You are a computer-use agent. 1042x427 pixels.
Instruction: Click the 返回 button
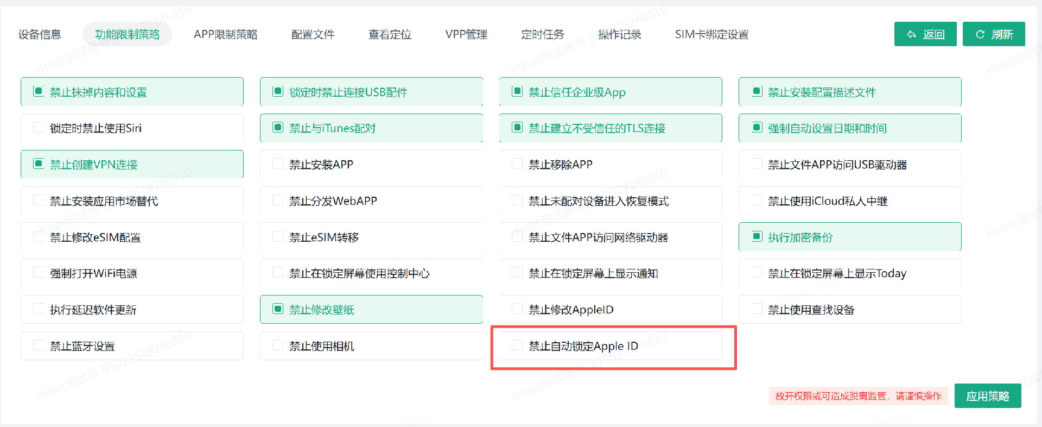pos(925,34)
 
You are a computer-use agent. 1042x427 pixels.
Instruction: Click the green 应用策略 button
pos(988,396)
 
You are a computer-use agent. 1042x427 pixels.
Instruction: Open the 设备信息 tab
pos(40,34)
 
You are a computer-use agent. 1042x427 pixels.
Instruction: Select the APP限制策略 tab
pos(225,34)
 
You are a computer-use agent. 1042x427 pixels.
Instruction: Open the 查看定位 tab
pos(390,34)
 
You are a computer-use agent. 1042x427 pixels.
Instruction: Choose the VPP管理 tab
pos(466,34)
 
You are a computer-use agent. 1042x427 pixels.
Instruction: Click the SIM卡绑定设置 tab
pos(711,34)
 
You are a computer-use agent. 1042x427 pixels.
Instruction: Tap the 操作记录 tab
pos(619,34)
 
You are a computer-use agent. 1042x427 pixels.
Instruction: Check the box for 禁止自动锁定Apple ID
pos(517,345)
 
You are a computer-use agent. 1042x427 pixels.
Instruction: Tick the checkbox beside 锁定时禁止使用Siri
pos(39,127)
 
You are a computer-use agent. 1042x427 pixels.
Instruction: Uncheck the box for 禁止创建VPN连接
pos(39,164)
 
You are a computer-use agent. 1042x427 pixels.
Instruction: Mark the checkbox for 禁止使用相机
pos(278,345)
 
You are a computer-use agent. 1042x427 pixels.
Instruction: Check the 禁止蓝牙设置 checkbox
pos(39,345)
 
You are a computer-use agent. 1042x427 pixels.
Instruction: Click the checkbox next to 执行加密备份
pos(757,236)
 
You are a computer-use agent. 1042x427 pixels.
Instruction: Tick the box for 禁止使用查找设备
pos(757,309)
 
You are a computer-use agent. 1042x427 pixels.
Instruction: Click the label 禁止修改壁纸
pos(322,310)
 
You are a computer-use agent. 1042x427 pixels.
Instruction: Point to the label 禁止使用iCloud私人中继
pos(828,201)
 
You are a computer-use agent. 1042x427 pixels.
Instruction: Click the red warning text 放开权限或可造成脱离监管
pos(830,396)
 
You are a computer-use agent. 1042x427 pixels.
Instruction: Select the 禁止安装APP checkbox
pos(278,164)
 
